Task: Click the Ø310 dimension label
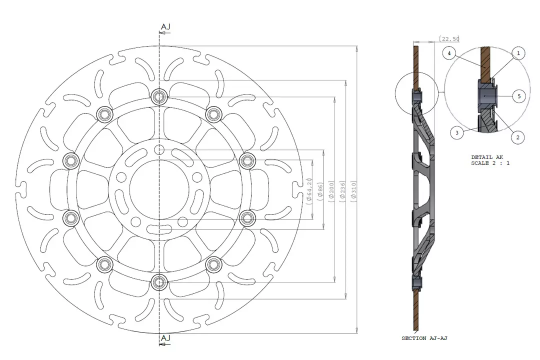click(x=353, y=190)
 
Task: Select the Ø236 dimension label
click(x=342, y=190)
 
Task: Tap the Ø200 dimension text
click(x=331, y=190)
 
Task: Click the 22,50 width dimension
click(x=449, y=38)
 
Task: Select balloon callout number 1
click(x=518, y=52)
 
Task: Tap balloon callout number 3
click(x=456, y=132)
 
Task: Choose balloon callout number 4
click(x=449, y=52)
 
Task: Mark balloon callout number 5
click(x=519, y=96)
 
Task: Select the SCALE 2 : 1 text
click(x=490, y=163)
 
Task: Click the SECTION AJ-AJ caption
click(x=424, y=338)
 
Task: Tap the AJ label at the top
click(x=165, y=26)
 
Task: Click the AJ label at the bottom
click(x=165, y=338)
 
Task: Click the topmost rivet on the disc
click(x=159, y=96)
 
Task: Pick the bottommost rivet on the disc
click(x=159, y=282)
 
